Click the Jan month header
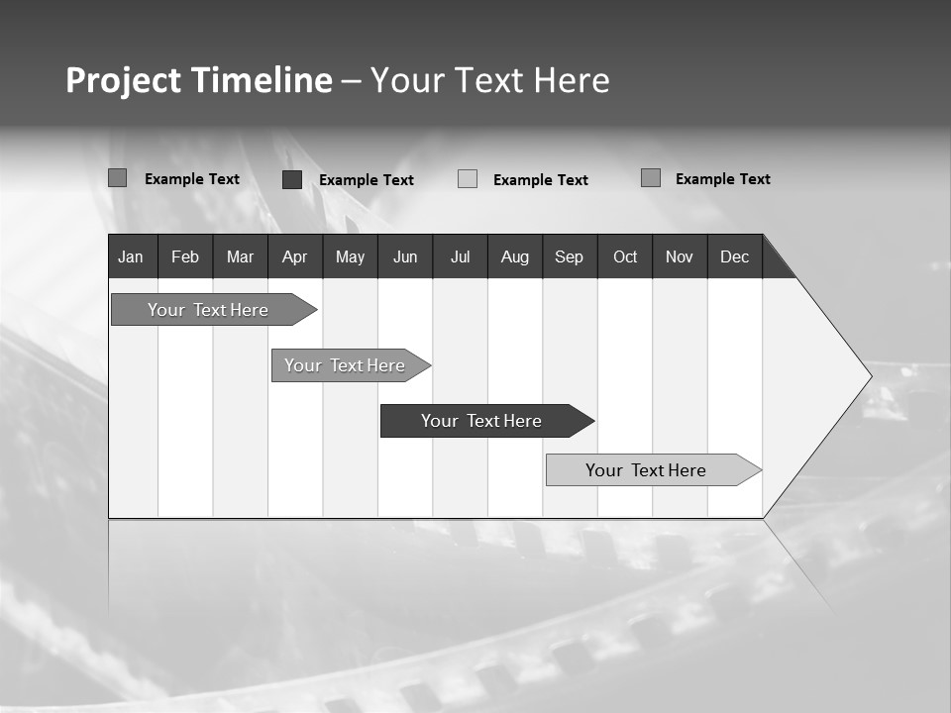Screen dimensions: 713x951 pyautogui.click(x=131, y=256)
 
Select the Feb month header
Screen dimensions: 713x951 pyautogui.click(x=185, y=256)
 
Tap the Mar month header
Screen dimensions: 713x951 pyautogui.click(x=240, y=256)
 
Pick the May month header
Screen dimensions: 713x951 pyautogui.click(x=350, y=256)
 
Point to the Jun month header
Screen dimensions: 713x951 pyautogui.click(x=405, y=256)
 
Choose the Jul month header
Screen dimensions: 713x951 pyautogui.click(x=460, y=256)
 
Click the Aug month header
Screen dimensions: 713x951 pyautogui.click(x=515, y=256)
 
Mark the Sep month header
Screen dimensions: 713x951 pyautogui.click(x=570, y=256)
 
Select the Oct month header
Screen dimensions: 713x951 pyautogui.click(x=625, y=256)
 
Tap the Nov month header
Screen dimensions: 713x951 pyautogui.click(x=680, y=256)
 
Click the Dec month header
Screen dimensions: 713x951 pyautogui.click(x=735, y=256)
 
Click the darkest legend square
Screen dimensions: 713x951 pyautogui.click(x=292, y=179)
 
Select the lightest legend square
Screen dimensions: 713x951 pyautogui.click(x=468, y=179)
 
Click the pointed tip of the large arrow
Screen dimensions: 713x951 pyautogui.click(x=869, y=376)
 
